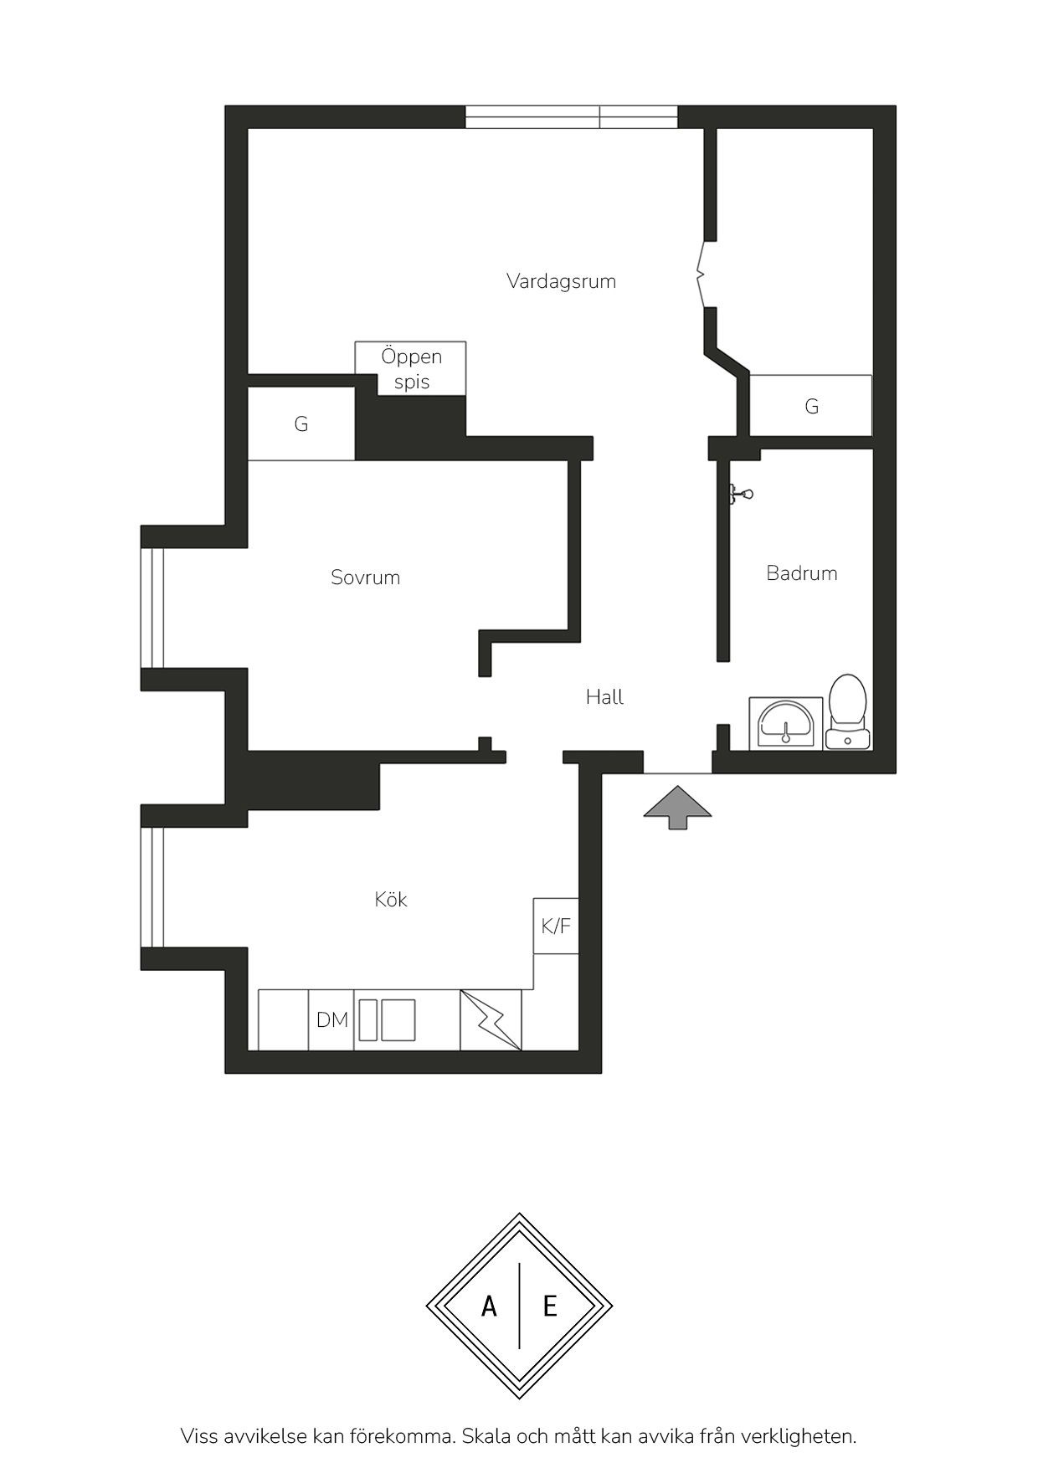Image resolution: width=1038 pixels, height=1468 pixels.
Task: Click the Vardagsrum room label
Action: (x=561, y=281)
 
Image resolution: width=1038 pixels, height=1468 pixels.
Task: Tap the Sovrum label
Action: (x=365, y=577)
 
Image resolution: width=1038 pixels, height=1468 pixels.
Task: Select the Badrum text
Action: (x=802, y=573)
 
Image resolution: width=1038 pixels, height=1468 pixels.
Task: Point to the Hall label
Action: (x=604, y=696)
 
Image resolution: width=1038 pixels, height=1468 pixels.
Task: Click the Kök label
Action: (x=391, y=899)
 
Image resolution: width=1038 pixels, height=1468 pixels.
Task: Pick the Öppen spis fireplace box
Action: (x=410, y=368)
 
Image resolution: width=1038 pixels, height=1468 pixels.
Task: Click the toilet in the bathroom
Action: (x=848, y=711)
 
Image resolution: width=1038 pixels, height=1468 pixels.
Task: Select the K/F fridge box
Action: (x=556, y=926)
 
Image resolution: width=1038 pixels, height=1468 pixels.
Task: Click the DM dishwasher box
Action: (x=331, y=1019)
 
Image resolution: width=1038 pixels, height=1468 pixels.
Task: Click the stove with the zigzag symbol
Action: (x=491, y=1019)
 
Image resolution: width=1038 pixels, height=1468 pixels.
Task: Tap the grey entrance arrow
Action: (x=677, y=808)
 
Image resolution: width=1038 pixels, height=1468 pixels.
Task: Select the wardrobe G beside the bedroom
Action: (x=301, y=423)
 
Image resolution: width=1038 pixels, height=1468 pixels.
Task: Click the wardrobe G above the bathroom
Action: (x=810, y=406)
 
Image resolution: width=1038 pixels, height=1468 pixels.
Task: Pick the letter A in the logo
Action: (x=489, y=1306)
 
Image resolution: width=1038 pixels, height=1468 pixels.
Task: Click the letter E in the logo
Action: (x=550, y=1306)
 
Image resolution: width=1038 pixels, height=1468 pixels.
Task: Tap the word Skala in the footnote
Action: (x=486, y=1436)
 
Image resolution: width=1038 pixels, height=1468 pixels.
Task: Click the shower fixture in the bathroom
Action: (x=740, y=495)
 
